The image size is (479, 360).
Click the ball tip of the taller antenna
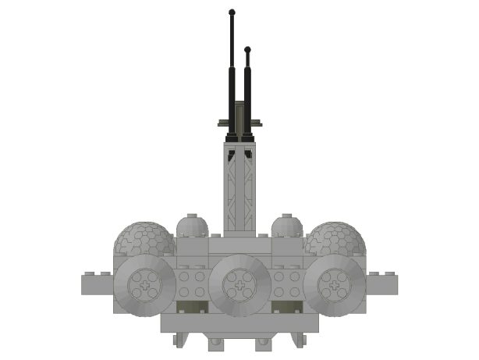click(232, 12)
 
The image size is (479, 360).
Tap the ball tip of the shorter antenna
click(247, 50)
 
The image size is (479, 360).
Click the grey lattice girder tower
click(239, 187)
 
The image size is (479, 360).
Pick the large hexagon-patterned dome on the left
click(144, 238)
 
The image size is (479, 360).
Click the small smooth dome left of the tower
click(192, 226)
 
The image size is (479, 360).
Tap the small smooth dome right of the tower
click(287, 226)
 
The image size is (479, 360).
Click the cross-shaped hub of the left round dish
click(145, 287)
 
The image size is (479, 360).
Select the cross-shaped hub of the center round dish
click(239, 287)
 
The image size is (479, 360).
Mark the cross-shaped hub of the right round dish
click(334, 287)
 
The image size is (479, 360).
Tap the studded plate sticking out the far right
click(384, 284)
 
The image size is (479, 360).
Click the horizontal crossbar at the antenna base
click(239, 123)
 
